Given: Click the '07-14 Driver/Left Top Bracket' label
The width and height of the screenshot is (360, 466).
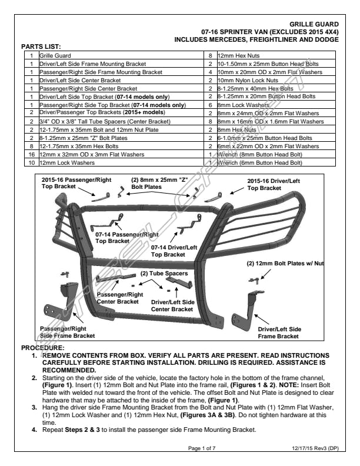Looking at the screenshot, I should click(174, 251).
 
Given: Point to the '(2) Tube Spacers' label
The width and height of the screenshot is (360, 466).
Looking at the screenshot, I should click(164, 274).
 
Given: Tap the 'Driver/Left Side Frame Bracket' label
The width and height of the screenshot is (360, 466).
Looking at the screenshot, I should click(280, 332).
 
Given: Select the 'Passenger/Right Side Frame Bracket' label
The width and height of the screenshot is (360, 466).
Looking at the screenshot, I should click(67, 332).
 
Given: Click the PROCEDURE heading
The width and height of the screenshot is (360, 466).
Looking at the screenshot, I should click(42, 348).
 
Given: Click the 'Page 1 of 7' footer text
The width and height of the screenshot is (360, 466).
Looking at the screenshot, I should click(202, 449).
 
